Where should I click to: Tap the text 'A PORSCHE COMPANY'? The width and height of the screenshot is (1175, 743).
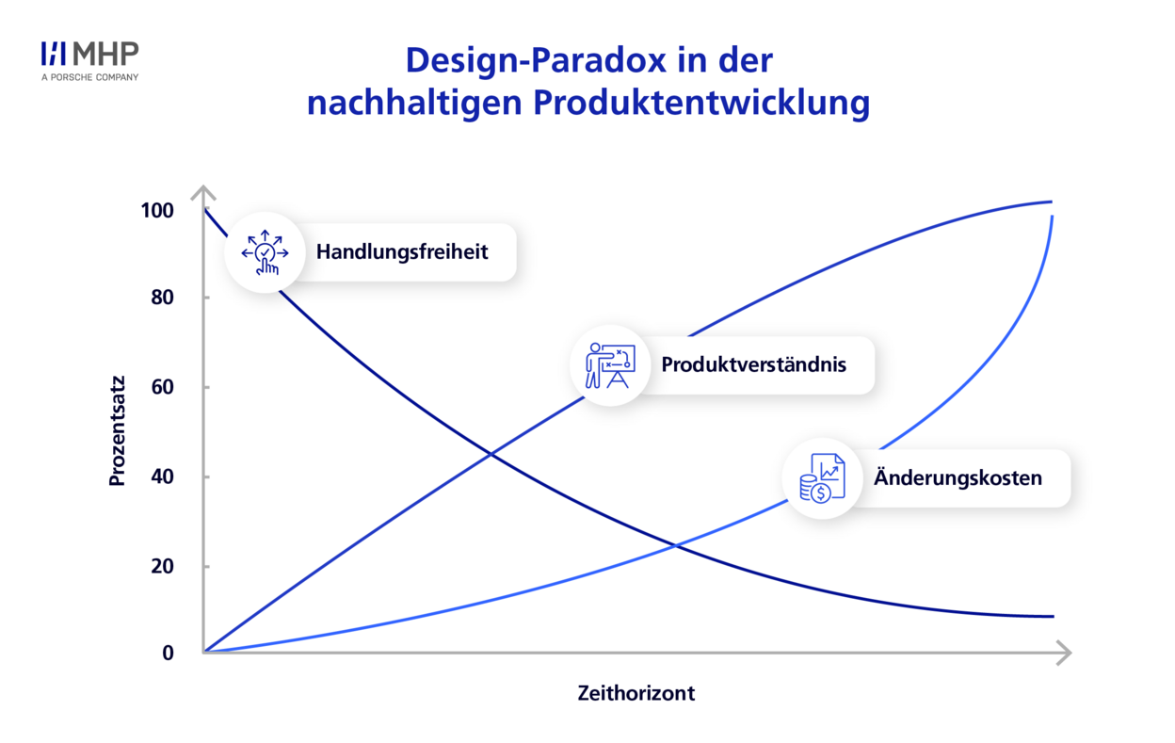[89, 77]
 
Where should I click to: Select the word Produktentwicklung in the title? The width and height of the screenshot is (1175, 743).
[701, 103]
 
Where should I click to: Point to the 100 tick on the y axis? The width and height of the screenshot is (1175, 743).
[157, 210]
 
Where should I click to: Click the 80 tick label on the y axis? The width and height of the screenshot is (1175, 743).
[162, 298]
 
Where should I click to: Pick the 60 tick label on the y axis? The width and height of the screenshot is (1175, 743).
[162, 387]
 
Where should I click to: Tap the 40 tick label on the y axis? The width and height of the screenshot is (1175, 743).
[162, 476]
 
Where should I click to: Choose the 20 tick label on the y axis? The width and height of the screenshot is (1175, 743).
[162, 567]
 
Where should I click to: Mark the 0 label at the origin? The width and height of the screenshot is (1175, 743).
[168, 653]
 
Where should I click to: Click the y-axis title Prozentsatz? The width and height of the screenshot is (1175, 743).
[118, 431]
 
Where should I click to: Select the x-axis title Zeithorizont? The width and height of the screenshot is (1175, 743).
[636, 693]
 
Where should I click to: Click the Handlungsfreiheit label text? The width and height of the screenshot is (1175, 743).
[402, 251]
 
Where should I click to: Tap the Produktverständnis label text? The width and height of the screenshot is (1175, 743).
[754, 364]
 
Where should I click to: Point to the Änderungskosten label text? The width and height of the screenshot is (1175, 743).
[958, 477]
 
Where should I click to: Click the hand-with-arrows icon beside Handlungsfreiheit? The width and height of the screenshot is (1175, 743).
[265, 252]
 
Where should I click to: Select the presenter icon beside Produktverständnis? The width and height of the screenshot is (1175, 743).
[610, 365]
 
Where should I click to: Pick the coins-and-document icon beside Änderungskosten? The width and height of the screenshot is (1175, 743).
[822, 478]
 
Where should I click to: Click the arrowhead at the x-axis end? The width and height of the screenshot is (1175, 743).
[1064, 653]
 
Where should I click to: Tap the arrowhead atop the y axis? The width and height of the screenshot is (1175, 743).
[203, 192]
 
